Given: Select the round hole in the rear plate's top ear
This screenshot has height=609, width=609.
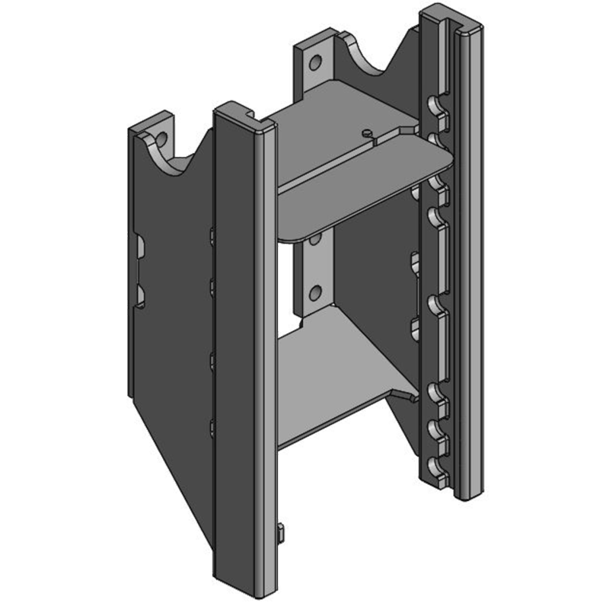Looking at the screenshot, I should [313, 61].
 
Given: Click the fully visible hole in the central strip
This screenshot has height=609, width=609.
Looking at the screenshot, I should [311, 292].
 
